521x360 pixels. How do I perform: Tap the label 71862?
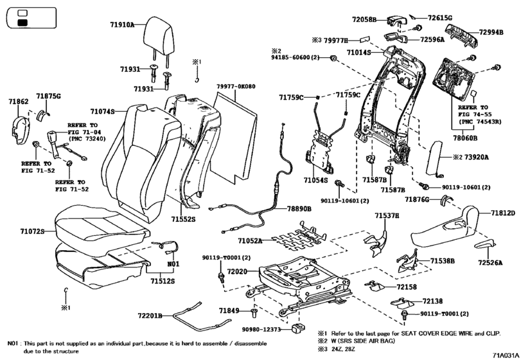click(19, 102)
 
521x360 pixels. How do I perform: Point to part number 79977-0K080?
click(235, 86)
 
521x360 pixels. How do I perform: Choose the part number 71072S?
click(30, 230)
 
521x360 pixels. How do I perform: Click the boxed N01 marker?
click(172, 264)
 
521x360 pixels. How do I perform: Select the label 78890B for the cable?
click(299, 209)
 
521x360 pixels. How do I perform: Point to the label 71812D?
click(504, 212)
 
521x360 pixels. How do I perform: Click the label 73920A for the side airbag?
click(476, 157)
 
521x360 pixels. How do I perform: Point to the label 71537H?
click(387, 217)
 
